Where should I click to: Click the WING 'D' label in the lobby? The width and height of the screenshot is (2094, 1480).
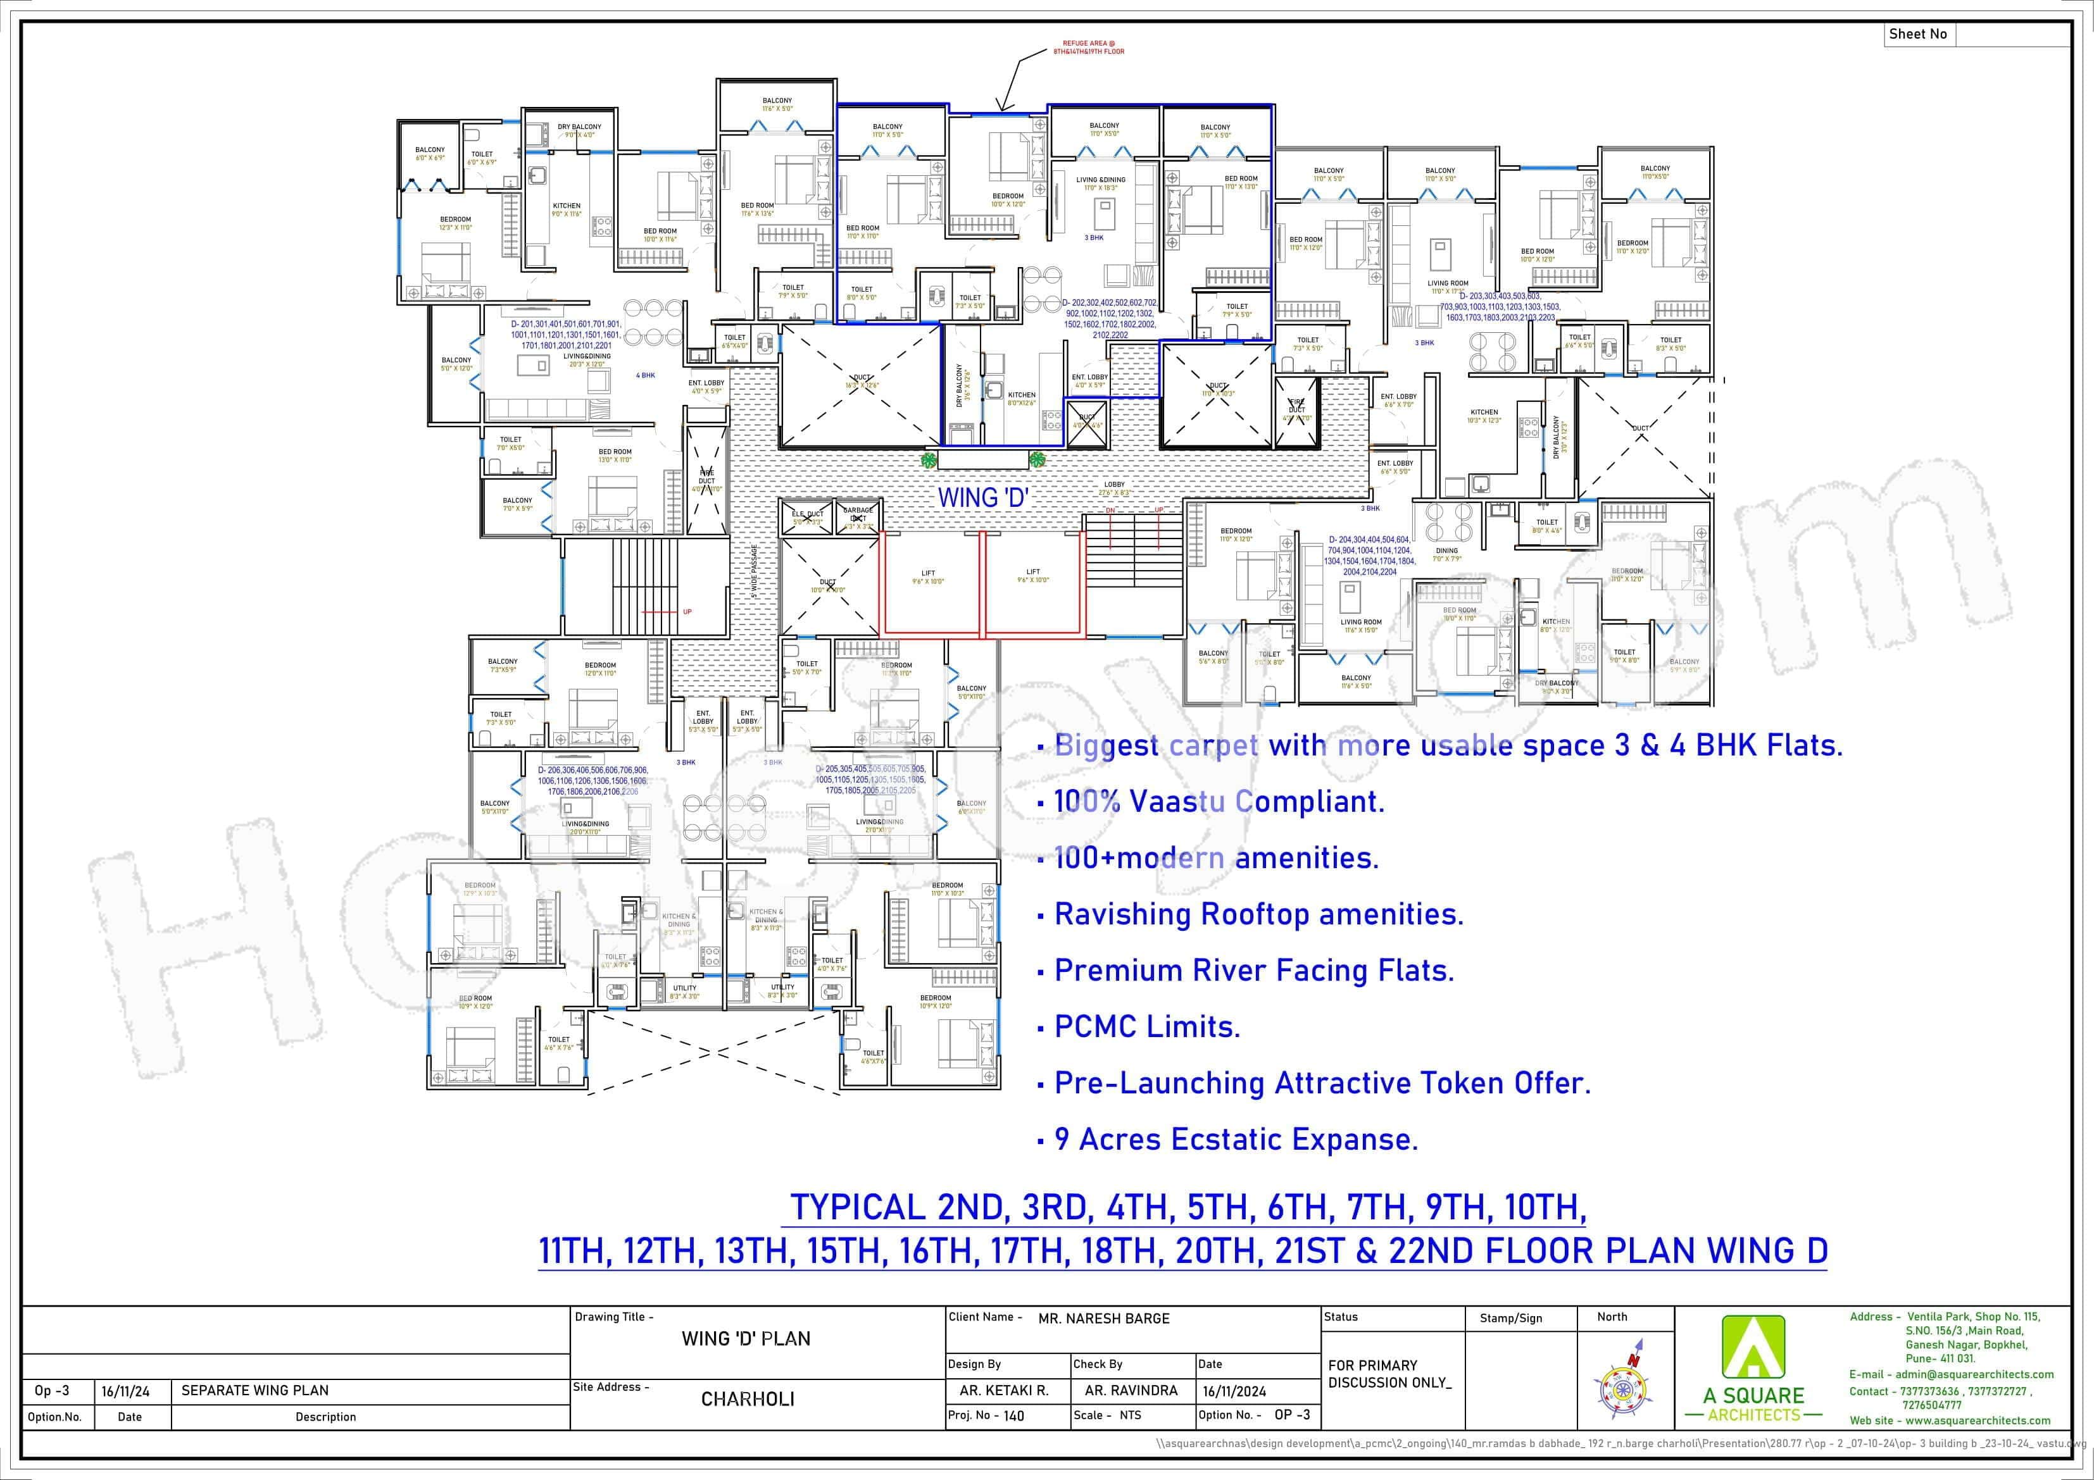coord(983,498)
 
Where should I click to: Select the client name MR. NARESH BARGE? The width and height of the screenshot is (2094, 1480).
coord(1103,1319)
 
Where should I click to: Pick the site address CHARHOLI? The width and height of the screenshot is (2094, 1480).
coord(747,1399)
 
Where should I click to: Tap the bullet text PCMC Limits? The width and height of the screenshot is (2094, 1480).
coord(1146,1027)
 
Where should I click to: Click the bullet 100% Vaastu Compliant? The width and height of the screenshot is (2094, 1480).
coord(1219,802)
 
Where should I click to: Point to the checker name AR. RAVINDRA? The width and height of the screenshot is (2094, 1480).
coord(1131,1391)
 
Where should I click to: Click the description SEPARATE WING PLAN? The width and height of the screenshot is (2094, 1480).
coord(254,1391)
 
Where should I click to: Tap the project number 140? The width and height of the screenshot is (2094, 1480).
coord(1013,1416)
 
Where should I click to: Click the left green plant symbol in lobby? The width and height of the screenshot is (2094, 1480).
coord(929,461)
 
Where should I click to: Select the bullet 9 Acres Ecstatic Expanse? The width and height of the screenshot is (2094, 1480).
coord(1236,1140)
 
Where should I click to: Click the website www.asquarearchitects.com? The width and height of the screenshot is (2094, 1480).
coord(1978,1421)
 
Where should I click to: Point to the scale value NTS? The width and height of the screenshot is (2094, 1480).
coord(1130,1415)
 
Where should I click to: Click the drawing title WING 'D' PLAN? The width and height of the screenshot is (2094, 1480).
coord(746,1339)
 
